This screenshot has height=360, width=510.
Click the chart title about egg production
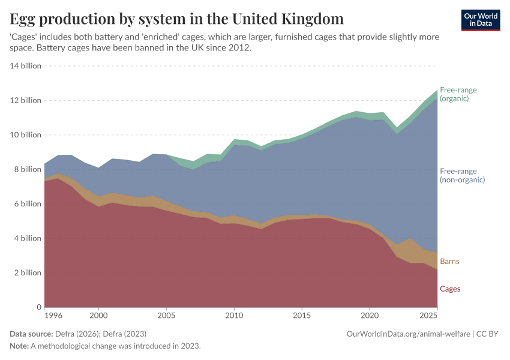[177, 19]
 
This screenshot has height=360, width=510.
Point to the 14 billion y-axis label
[25, 66]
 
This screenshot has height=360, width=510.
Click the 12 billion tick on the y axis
[25, 100]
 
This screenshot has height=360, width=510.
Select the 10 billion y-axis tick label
[25, 135]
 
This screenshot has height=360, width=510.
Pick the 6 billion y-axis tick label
[27, 204]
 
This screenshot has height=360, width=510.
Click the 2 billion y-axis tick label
[27, 273]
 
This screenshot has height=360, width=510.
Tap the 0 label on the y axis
[38, 307]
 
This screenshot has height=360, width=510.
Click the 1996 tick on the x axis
[53, 315]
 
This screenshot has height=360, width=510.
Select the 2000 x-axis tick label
[98, 315]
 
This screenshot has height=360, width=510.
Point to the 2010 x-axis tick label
[234, 315]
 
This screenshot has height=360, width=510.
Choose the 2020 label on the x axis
[370, 315]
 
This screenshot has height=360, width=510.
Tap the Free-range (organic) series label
[458, 94]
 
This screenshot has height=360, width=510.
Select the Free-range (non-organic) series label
[462, 175]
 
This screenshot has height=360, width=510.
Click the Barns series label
[450, 262]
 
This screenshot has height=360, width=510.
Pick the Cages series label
[450, 289]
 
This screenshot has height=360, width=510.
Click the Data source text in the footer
[78, 334]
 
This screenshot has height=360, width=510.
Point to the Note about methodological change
[105, 346]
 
